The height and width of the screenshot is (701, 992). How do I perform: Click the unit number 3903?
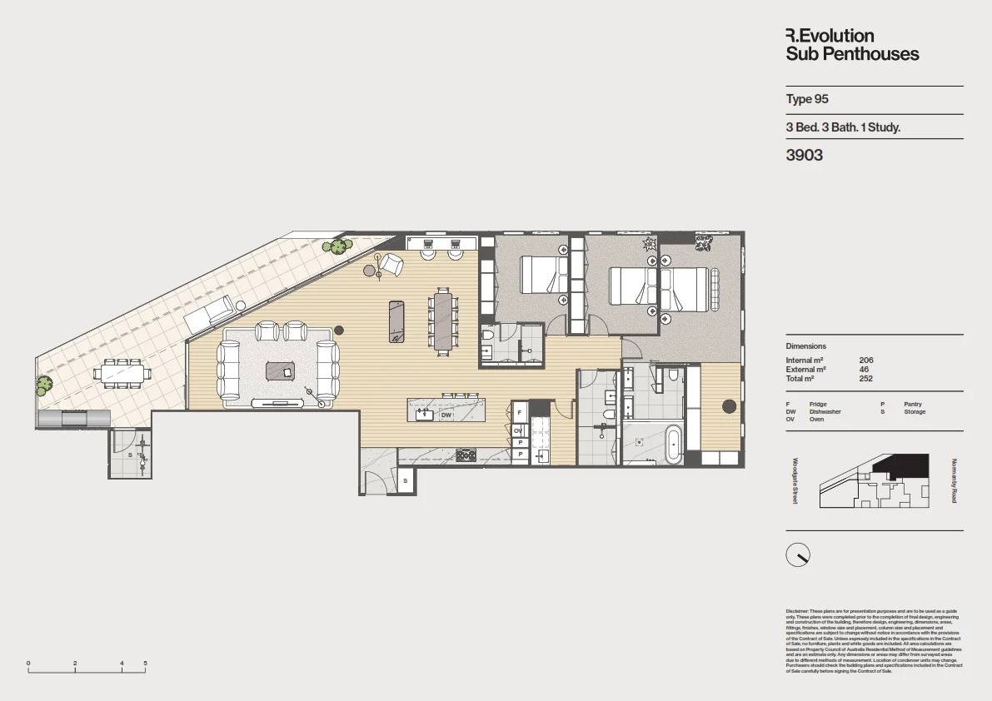[805, 155]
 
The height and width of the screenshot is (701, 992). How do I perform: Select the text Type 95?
[807, 99]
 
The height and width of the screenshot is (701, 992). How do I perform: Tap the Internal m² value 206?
[865, 360]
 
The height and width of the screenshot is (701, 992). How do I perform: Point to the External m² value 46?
[863, 369]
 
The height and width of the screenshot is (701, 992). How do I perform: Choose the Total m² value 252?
[865, 378]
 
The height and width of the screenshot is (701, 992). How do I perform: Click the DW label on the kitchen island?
[446, 415]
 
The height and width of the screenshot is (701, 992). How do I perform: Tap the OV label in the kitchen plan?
[518, 430]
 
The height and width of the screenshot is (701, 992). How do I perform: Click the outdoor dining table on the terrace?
[122, 374]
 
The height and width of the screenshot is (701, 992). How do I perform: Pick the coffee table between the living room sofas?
[281, 371]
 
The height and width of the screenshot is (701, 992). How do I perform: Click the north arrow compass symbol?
[798, 554]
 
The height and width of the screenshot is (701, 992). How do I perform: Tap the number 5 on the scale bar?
[145, 664]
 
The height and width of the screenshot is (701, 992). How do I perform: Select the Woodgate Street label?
[795, 481]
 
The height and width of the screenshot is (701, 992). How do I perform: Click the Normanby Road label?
[954, 481]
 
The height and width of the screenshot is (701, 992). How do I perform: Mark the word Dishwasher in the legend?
[825, 411]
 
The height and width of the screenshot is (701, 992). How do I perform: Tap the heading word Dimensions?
[805, 346]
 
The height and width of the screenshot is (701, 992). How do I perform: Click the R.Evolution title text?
[830, 36]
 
